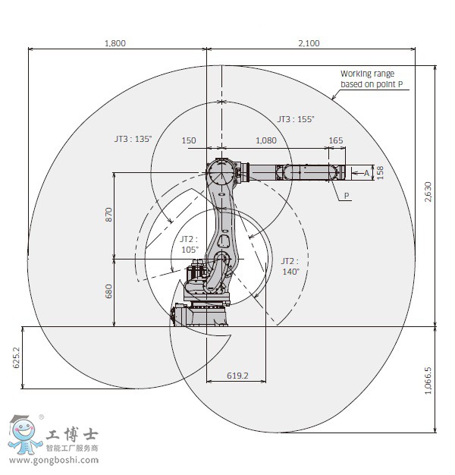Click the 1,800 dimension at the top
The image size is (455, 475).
tap(115, 43)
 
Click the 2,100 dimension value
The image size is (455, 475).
tap(309, 43)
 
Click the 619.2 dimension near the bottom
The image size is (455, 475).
tap(237, 376)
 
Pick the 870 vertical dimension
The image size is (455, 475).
tap(108, 215)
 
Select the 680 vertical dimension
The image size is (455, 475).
tap(108, 292)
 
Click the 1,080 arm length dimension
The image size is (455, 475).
tap(266, 140)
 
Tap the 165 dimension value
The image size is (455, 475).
tap(336, 140)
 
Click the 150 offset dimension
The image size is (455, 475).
tap(189, 140)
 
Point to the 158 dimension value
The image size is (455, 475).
tap(381, 173)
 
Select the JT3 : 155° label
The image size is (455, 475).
tap(295, 119)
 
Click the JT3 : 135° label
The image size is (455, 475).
tap(133, 139)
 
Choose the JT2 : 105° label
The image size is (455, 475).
tap(189, 244)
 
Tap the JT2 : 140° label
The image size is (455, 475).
tap(290, 265)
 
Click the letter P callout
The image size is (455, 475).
tap(347, 196)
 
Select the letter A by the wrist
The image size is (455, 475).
tap(366, 174)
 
